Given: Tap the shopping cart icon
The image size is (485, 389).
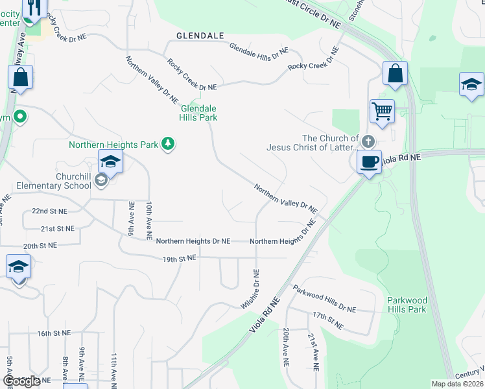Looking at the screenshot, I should click(x=382, y=111).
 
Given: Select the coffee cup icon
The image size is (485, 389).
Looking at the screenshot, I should click(x=369, y=161).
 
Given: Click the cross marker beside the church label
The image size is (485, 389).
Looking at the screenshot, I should click(x=368, y=141).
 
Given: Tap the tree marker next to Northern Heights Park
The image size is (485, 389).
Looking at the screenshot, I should click(x=168, y=143).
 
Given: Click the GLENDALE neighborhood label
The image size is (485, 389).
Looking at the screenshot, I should click(x=200, y=36).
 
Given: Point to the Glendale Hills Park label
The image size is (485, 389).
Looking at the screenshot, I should click(x=198, y=113).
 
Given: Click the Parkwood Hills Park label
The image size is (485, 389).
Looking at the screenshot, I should click(x=407, y=305).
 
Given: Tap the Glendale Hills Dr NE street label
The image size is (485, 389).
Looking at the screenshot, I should click(x=259, y=52).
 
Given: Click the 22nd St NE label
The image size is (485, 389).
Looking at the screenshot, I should click(x=49, y=211).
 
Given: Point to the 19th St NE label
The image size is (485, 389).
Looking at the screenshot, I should click(x=179, y=258).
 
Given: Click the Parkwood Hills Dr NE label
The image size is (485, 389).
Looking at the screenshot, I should click(x=324, y=300).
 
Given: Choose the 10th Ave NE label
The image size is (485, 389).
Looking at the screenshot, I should click(x=148, y=217).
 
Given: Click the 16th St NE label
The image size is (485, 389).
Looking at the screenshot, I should click(x=53, y=333).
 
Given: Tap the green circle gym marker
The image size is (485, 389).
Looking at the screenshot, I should click(x=20, y=117).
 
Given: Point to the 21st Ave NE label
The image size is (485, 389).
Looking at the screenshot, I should click(x=313, y=351).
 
